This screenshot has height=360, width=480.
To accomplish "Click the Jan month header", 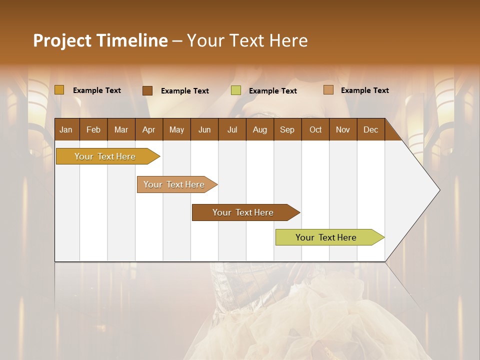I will pyautogui.click(x=66, y=129).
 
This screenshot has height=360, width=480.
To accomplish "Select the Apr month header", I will pyautogui.click(x=148, y=129).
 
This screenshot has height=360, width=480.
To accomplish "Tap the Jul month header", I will pyautogui.click(x=232, y=129).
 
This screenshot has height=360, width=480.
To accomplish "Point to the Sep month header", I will pyautogui.click(x=287, y=129).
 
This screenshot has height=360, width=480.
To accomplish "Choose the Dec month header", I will pyautogui.click(x=370, y=129).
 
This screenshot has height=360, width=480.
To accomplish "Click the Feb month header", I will pyautogui.click(x=93, y=129).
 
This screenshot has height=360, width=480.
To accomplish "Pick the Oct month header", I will pyautogui.click(x=315, y=129).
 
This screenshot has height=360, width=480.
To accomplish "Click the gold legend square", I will pyautogui.click(x=59, y=90).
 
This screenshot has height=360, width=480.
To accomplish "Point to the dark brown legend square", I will pyautogui.click(x=147, y=90).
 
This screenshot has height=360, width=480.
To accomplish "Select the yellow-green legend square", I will pyautogui.click(x=236, y=90).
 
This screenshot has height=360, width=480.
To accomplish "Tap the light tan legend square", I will pyautogui.click(x=328, y=90).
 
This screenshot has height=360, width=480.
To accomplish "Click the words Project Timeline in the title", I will pyautogui.click(x=100, y=40).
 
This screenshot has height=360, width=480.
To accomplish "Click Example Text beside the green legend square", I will pyautogui.click(x=272, y=91).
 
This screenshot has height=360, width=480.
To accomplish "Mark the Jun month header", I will pyautogui.click(x=204, y=129).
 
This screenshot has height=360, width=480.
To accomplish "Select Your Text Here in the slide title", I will pyautogui.click(x=247, y=40).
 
